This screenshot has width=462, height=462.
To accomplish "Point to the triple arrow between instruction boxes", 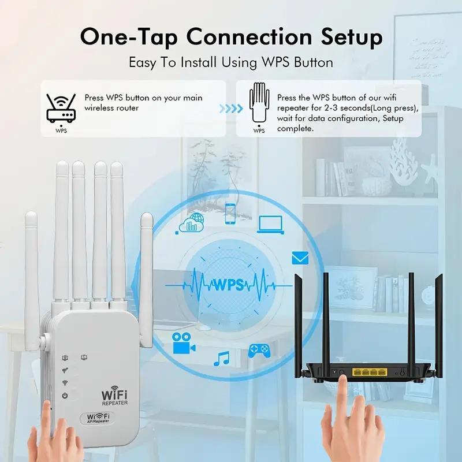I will pos(230,108).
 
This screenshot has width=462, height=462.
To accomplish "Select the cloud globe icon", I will pos(192,223).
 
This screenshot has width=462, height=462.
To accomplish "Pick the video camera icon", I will pos(183,343).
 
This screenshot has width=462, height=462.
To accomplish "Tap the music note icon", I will pos(221,358).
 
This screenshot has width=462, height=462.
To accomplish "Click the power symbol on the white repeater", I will pos(65,396).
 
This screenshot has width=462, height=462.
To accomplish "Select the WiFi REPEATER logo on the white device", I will pos(115,397).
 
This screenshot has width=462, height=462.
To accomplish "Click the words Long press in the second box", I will pos(398,108).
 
